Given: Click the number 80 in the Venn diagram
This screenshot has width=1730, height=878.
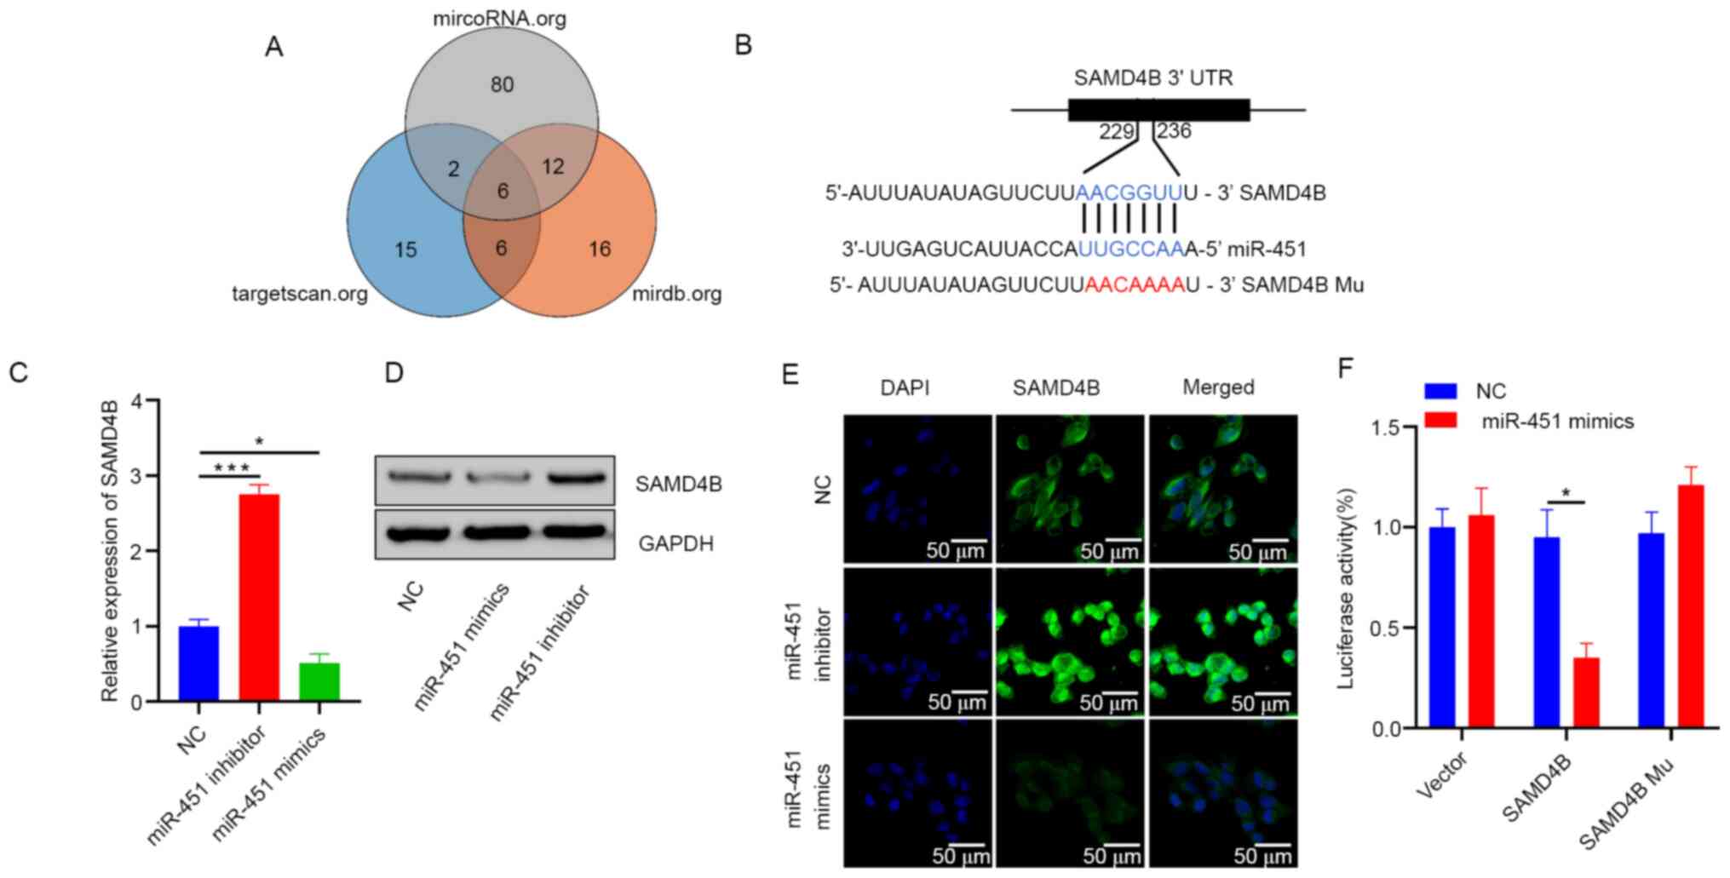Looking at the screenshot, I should point(502,84).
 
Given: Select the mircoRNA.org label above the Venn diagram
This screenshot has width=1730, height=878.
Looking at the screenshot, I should point(499,18).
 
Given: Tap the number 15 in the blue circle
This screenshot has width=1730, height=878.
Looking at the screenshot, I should point(405,250).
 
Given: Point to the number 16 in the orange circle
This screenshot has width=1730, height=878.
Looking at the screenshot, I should point(600,249).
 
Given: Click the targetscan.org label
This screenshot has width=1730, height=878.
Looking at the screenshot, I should point(300,295).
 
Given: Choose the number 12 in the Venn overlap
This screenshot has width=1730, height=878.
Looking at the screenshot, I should point(553,166).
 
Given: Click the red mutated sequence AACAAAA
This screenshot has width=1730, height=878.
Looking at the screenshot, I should point(1135,284).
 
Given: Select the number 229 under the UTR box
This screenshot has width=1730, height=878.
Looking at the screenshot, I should point(1116,132).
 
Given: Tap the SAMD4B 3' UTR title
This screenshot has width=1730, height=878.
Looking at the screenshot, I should point(1152,78).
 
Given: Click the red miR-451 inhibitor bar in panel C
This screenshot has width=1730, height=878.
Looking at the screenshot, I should point(259,597).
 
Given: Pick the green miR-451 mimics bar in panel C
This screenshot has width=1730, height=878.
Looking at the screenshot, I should point(319,681).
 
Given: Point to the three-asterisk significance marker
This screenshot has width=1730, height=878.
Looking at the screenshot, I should point(232,468).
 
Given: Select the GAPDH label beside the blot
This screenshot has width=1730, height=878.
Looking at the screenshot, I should point(675,543).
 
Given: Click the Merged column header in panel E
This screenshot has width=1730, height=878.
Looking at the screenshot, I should point(1218,387).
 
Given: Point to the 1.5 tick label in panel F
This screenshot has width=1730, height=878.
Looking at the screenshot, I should point(1388,428).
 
